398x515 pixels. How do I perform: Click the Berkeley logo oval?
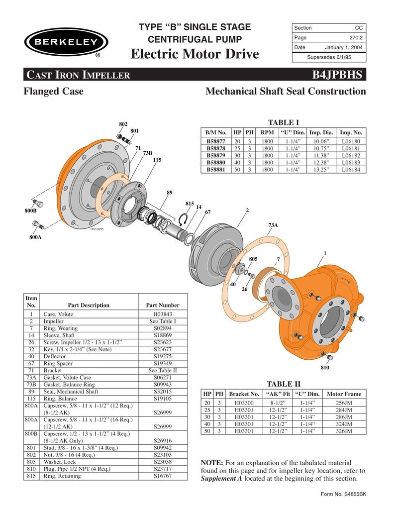[x=63, y=42]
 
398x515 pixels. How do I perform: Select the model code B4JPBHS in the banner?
[x=338, y=75]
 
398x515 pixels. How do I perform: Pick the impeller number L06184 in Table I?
[x=351, y=169]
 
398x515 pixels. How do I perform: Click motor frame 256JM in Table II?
[x=344, y=403]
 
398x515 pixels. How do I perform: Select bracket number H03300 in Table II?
[x=244, y=403]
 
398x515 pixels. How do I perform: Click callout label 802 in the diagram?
[x=123, y=124]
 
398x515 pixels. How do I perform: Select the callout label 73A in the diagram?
[x=273, y=225]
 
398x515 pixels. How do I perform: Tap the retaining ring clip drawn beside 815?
[x=183, y=218]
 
